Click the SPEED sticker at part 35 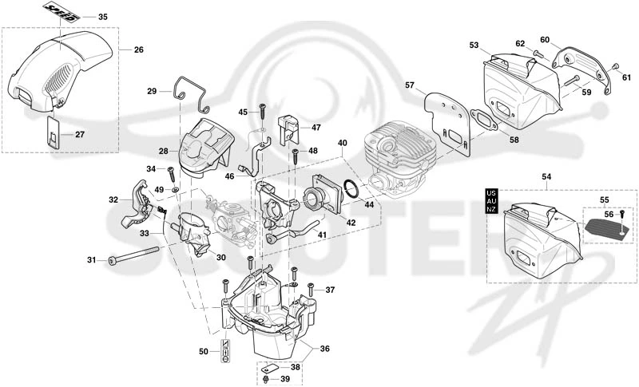tap(62, 11)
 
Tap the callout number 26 tap(138, 49)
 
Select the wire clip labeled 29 tap(192, 94)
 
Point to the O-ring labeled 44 tap(352, 188)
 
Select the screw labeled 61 tap(615, 66)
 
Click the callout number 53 tap(474, 45)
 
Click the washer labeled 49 tap(176, 190)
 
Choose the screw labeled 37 tap(311, 290)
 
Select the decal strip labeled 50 tap(225, 351)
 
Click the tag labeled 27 tap(53, 132)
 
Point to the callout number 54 tap(546, 176)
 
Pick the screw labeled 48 tap(296, 156)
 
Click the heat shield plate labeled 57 tap(448, 122)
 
